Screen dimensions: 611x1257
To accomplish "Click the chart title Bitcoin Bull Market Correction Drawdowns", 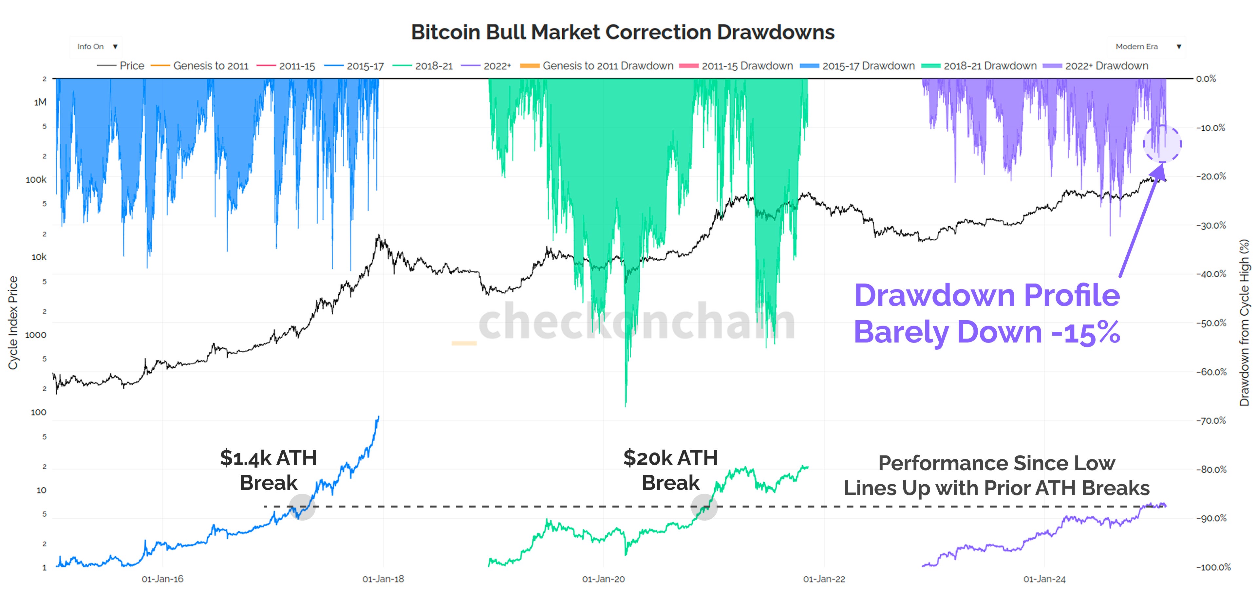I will [x=623, y=32].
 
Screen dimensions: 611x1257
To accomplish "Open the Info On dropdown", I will [x=97, y=46].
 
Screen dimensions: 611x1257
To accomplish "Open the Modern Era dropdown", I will [x=1147, y=46].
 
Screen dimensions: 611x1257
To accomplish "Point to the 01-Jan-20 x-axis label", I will [x=603, y=579].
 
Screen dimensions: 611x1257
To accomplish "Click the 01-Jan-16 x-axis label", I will [x=162, y=579].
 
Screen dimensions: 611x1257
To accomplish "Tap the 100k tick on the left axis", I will [x=36, y=179].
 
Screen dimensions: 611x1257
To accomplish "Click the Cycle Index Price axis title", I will [x=13, y=322].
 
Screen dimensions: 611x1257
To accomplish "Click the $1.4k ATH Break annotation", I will [x=268, y=470].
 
